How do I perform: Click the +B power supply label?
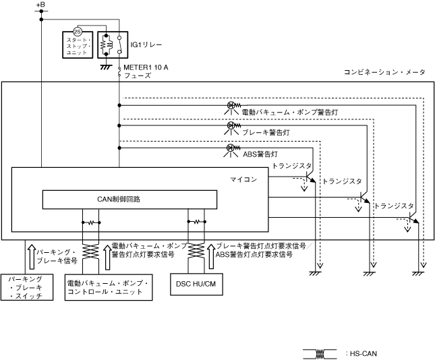40,6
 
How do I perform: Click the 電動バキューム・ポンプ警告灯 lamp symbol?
231,105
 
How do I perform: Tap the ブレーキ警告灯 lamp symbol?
231,126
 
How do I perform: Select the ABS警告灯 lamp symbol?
231,148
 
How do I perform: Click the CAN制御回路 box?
129,200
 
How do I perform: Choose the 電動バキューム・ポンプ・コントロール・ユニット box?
109,287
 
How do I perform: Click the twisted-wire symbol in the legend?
320,353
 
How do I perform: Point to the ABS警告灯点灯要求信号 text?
260,256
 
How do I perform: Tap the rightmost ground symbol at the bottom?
417,272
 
